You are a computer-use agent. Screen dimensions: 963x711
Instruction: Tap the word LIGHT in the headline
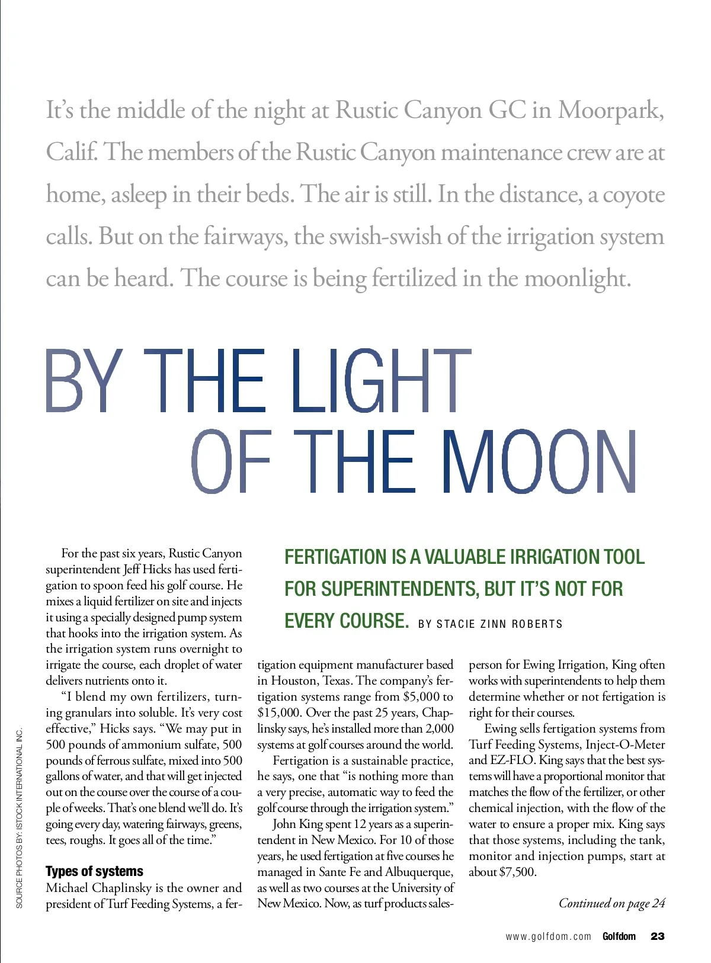(x=381, y=380)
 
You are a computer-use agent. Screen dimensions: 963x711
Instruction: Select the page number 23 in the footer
(x=658, y=936)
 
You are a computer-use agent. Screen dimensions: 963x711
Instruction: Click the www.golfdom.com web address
(x=548, y=936)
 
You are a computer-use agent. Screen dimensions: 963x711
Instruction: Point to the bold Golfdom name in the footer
(x=619, y=936)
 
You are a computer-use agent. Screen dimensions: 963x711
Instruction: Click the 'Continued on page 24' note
(x=611, y=903)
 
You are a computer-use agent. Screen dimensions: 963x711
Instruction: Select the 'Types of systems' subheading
(x=94, y=871)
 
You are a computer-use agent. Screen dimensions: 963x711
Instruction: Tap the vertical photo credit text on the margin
(x=20, y=818)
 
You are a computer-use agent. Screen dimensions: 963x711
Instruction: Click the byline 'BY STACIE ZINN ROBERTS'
(x=490, y=624)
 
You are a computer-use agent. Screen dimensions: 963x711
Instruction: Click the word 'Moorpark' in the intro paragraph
(x=610, y=111)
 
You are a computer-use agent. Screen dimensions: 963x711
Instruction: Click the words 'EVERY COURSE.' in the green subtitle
(x=347, y=621)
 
